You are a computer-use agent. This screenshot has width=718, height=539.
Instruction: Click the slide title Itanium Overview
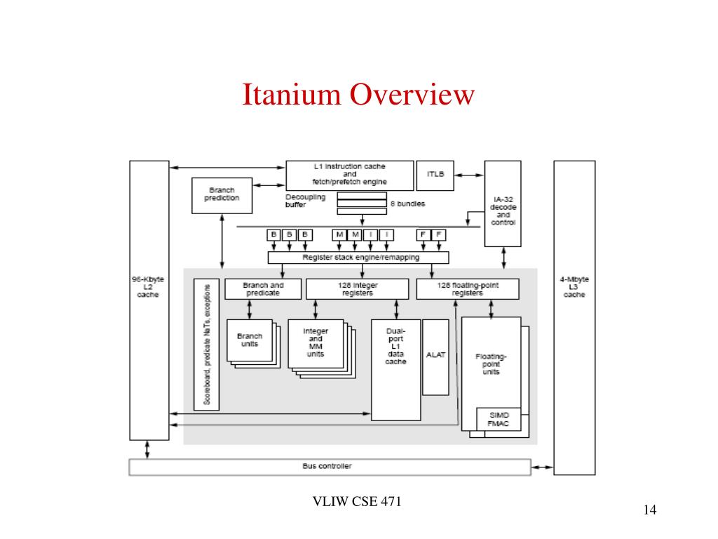pos(358,95)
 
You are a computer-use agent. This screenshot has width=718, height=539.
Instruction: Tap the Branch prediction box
pos(222,194)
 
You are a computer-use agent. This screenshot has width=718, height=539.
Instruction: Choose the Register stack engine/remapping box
pos(358,258)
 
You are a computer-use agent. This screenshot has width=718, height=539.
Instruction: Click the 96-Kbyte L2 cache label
pos(148,287)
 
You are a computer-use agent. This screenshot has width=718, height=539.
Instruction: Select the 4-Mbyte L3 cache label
pos(574,287)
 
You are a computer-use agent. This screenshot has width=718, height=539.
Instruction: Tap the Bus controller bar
pos(330,467)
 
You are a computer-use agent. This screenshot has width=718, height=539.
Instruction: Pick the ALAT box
pos(435,356)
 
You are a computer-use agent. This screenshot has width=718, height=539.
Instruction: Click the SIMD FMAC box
pos(499,419)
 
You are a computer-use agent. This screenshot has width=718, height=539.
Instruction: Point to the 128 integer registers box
pos(358,289)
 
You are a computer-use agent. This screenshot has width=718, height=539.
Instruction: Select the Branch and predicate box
pos(263,289)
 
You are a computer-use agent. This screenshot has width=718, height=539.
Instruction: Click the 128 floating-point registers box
pos(468,289)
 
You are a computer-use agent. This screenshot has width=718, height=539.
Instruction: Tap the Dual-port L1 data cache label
pos(395,346)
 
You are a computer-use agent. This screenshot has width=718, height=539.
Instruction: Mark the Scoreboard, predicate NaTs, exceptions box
pos(206,344)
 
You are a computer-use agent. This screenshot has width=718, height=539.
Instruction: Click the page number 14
pos(649,510)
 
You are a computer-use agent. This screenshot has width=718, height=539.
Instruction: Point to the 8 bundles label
pos(407,204)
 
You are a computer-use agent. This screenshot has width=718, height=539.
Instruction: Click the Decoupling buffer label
pos(305,201)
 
